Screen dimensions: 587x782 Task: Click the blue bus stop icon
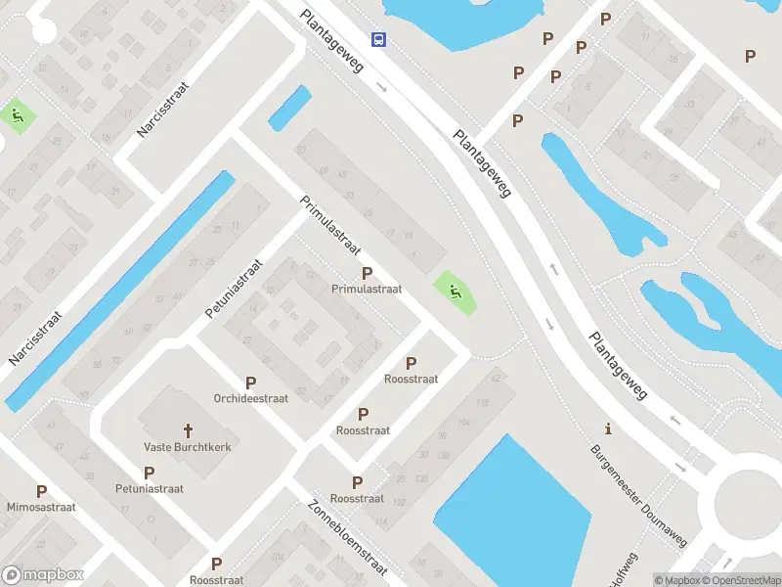tap(377, 39)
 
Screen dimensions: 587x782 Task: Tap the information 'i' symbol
tap(609, 429)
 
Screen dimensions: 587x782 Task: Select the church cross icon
tap(188, 429)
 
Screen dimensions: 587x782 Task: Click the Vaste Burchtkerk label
tap(188, 447)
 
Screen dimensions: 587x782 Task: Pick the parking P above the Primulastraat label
tap(367, 273)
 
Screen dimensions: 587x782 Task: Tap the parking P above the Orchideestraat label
tap(251, 383)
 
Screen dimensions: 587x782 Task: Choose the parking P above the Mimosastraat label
tap(41, 492)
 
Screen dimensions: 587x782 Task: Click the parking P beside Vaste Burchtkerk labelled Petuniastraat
tap(150, 473)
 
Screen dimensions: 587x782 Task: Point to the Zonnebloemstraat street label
tap(348, 535)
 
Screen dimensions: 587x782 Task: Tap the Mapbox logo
tap(43, 575)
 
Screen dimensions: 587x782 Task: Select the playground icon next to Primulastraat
tap(455, 291)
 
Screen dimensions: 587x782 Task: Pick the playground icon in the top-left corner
tap(19, 116)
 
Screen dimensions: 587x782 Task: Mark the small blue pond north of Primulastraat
tap(289, 107)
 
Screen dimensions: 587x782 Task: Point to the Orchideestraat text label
tap(251, 399)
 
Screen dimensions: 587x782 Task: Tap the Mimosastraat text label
tap(41, 509)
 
